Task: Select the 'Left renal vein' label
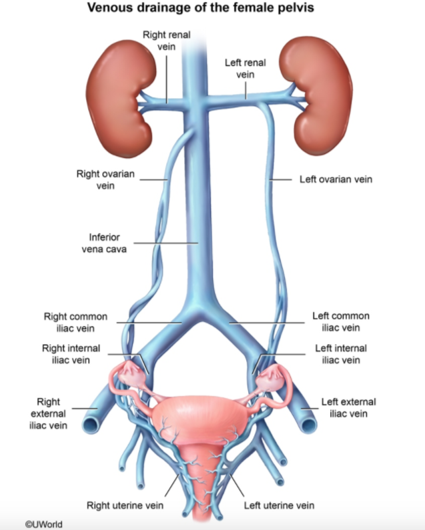tap(246, 68)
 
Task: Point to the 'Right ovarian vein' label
tap(106, 180)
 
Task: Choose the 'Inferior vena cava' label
tap(107, 243)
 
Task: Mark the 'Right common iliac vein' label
tap(75, 322)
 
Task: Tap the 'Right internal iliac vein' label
tap(71, 354)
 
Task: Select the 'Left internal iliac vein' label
tap(340, 354)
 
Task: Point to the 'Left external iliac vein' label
tap(348, 408)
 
